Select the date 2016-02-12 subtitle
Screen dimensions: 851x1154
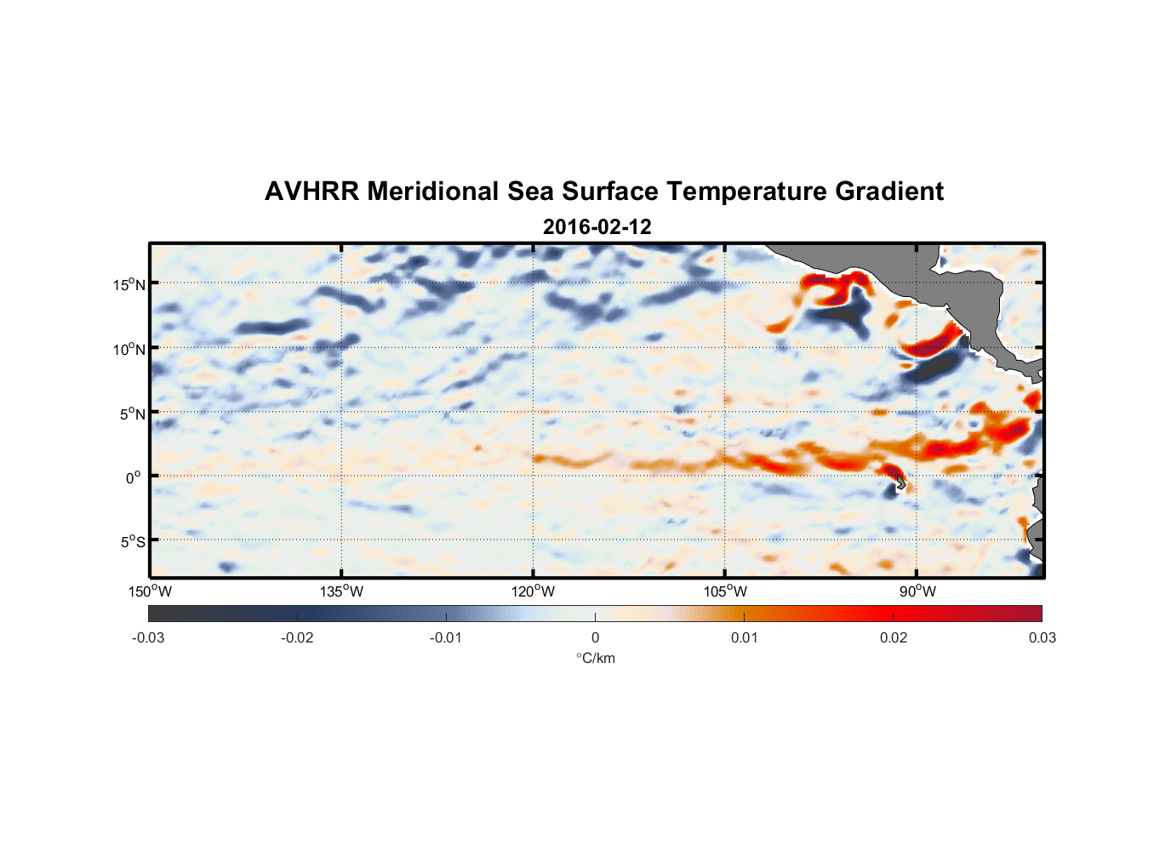[x=597, y=227]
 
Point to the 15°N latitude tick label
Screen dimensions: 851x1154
[x=129, y=284]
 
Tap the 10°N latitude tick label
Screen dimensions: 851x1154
[x=129, y=349]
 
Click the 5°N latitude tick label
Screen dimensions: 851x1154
[x=133, y=414]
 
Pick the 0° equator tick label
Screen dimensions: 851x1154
[x=134, y=477]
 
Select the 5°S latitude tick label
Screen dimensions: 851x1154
[x=133, y=541]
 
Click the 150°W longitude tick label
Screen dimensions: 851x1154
[x=150, y=591]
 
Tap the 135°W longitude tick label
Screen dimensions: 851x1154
[x=341, y=591]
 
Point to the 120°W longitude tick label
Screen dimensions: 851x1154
[x=533, y=591]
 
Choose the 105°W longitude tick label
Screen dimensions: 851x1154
[x=725, y=591]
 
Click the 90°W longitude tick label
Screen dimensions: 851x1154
[x=917, y=591]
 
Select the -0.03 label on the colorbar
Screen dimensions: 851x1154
[x=148, y=637]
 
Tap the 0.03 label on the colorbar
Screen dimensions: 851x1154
[x=1042, y=637]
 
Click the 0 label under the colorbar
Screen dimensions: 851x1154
[x=595, y=637]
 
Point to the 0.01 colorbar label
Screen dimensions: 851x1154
[x=744, y=637]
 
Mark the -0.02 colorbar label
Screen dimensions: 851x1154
[x=297, y=637]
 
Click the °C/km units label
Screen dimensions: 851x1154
[x=595, y=658]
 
